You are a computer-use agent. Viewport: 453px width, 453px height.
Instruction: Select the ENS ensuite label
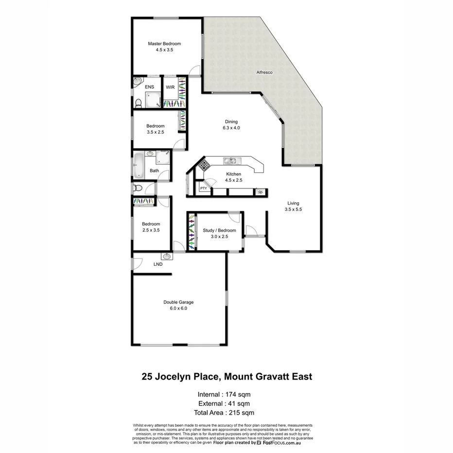(x=149, y=87)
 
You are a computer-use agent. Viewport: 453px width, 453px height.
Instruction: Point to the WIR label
(x=170, y=87)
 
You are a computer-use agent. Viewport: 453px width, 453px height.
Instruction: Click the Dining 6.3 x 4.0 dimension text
(x=231, y=128)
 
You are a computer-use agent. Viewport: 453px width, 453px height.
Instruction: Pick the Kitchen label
(x=233, y=174)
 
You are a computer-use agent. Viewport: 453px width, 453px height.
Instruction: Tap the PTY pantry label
(x=203, y=188)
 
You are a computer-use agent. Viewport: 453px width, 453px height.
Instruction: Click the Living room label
(x=293, y=203)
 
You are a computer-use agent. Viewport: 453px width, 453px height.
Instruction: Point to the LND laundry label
(x=158, y=264)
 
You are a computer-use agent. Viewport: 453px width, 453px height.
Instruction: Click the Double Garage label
(x=178, y=302)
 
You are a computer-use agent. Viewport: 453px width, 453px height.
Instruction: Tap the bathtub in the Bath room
(x=139, y=165)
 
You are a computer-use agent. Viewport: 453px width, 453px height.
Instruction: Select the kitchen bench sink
(x=229, y=160)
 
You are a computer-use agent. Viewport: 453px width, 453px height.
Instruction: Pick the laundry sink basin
(x=167, y=256)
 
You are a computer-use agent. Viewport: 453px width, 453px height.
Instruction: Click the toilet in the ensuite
(x=138, y=103)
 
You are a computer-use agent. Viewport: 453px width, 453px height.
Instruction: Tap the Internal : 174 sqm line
(x=224, y=394)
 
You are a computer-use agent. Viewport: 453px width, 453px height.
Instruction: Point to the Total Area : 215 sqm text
(x=224, y=413)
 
